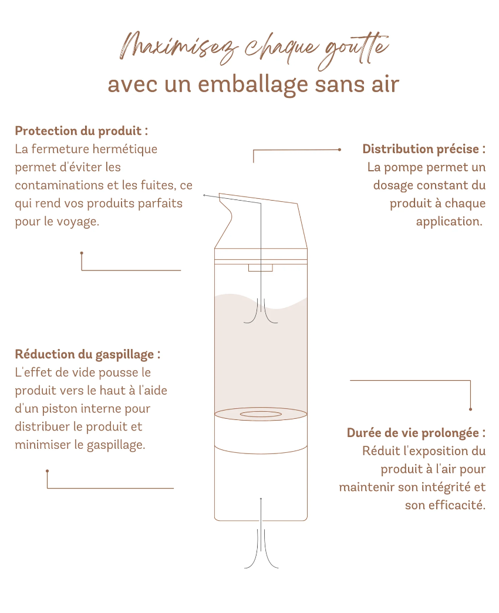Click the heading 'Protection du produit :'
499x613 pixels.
(x=82, y=131)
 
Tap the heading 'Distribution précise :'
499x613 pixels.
(x=424, y=149)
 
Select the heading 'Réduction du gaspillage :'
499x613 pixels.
(x=87, y=354)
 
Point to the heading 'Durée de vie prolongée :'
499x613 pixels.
(x=416, y=433)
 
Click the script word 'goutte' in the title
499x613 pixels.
(x=353, y=51)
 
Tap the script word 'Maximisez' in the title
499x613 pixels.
(x=178, y=49)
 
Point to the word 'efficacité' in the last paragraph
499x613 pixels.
(x=455, y=505)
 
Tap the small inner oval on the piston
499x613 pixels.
(x=261, y=414)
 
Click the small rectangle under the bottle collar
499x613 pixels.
(x=260, y=268)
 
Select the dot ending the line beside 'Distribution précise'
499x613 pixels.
(x=339, y=150)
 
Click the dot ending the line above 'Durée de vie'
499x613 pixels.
(x=470, y=409)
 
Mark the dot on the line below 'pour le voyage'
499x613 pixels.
(x=82, y=253)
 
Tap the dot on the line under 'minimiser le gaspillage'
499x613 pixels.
(x=48, y=471)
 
